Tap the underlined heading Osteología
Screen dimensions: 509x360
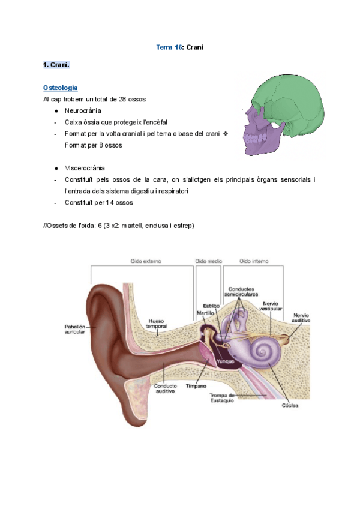point(60,88)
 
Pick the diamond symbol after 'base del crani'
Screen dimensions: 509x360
point(226,133)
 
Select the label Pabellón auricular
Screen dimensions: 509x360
point(75,330)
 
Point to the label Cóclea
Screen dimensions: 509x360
point(290,406)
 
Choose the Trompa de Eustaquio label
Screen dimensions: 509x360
point(223,399)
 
